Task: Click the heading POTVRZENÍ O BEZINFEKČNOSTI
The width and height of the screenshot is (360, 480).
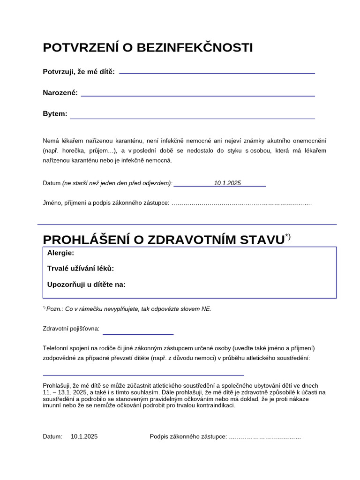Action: coord(148,48)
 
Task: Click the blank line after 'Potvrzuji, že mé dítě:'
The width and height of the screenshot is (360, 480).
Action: coord(217,73)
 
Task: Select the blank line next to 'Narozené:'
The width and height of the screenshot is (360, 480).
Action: coord(198,95)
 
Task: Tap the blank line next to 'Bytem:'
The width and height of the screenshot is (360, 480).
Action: coord(192,118)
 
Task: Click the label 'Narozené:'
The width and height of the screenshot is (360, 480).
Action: coord(60,93)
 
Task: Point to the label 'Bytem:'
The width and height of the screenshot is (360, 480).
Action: coord(55,114)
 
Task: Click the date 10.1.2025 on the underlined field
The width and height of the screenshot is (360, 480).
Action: coord(227,183)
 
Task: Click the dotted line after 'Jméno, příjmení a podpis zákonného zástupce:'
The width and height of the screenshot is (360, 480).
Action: coord(241,203)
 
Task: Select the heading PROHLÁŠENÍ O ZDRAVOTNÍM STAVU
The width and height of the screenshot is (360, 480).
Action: coord(164,240)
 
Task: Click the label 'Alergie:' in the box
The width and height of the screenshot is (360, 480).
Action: coord(60,253)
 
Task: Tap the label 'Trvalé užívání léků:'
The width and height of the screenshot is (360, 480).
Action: coord(81,269)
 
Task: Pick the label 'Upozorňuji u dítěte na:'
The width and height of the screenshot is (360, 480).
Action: coord(86,284)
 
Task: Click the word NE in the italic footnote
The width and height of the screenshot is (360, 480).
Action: coord(206,309)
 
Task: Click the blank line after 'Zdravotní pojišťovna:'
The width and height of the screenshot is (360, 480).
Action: coord(138,334)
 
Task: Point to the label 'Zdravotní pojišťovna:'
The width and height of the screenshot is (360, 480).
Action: coord(71,329)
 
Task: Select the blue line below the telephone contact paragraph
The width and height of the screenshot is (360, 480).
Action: coord(143,375)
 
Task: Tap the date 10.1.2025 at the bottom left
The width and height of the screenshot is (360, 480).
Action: coord(84,436)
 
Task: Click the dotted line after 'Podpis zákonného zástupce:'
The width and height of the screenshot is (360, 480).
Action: coord(264,437)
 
